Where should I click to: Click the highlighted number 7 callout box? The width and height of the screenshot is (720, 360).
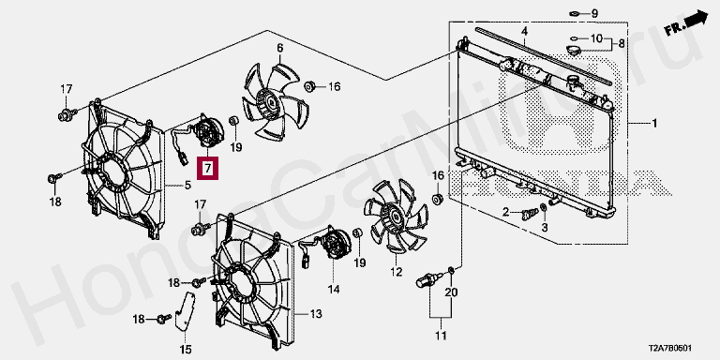[207, 168]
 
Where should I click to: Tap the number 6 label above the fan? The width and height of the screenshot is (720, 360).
[279, 48]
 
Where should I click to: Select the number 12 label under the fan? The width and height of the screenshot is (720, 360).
[396, 272]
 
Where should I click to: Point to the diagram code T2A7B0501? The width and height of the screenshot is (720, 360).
[669, 349]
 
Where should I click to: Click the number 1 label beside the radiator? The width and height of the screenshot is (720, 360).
[653, 124]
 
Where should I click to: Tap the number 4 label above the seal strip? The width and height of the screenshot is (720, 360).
[524, 32]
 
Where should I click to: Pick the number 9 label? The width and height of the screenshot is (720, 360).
[594, 14]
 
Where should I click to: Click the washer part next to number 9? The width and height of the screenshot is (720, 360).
[574, 13]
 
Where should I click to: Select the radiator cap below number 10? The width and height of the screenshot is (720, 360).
[574, 50]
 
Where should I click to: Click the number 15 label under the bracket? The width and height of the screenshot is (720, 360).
[185, 350]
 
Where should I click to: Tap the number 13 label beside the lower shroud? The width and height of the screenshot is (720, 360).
[315, 315]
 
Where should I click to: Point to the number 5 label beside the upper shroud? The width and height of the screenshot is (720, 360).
[187, 186]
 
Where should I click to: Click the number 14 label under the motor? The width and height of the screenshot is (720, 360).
[334, 290]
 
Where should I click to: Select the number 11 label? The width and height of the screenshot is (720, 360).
[441, 337]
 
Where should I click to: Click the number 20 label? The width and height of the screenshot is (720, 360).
[451, 292]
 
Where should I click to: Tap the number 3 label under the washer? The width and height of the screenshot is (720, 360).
[545, 227]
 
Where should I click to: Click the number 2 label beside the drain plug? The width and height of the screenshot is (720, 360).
[506, 212]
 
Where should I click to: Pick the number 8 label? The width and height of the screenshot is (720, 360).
[621, 44]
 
